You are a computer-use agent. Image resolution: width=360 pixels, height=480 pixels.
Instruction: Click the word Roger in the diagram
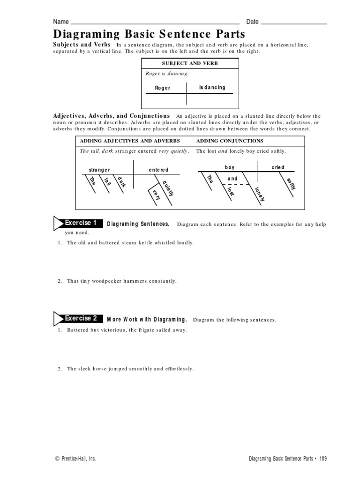[163, 88]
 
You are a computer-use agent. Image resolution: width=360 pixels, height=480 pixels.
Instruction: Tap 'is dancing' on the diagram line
[212, 87]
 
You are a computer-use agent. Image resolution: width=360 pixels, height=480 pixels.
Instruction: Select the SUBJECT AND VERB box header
[190, 63]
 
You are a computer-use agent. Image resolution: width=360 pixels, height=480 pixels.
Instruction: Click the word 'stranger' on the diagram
[99, 170]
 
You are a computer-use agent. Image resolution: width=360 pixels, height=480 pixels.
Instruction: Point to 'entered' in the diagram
[158, 170]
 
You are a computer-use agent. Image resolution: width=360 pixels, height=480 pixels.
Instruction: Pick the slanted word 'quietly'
[168, 189]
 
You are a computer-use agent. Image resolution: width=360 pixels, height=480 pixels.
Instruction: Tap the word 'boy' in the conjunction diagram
[230, 167]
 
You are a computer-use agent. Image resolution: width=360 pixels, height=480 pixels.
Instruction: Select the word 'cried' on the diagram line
[277, 167]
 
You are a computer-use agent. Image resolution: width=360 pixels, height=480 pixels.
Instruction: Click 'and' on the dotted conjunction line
[232, 179]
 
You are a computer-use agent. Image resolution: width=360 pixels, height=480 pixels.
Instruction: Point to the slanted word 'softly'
[291, 184]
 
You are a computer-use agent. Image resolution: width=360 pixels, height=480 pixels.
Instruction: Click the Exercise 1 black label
[81, 223]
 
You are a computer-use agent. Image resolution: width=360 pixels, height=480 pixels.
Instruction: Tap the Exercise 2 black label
[81, 318]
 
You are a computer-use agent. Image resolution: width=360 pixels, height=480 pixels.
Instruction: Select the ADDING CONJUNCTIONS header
[230, 141]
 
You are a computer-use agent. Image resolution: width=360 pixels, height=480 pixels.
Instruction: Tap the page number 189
[322, 459]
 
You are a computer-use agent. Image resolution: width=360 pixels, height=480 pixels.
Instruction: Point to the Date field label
[253, 22]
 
